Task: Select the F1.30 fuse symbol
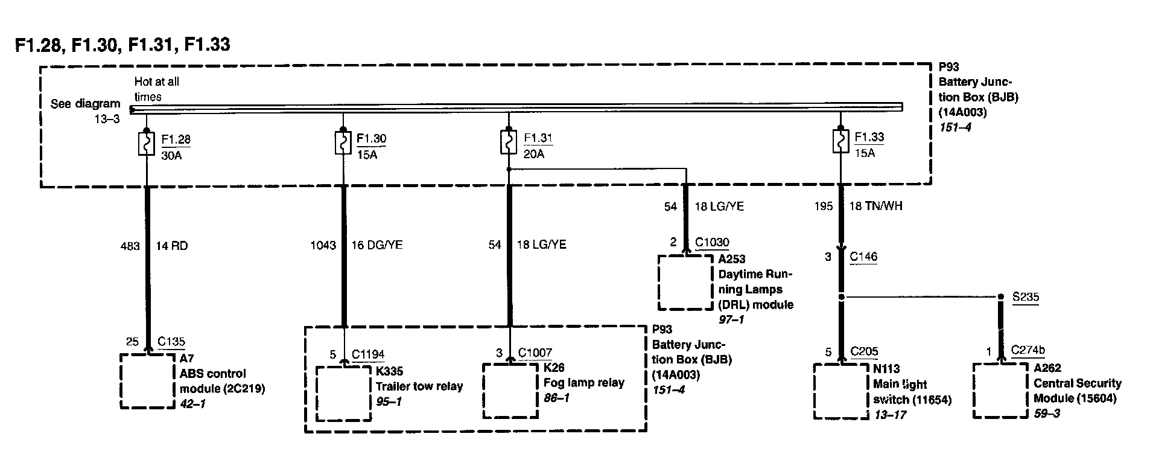click(x=343, y=143)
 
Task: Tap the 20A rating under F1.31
click(x=533, y=154)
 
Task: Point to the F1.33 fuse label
click(x=869, y=137)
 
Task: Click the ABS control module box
click(x=147, y=380)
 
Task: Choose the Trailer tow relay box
click(x=344, y=393)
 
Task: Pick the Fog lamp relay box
click(x=510, y=389)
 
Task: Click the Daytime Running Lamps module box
click(x=685, y=282)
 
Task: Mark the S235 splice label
click(x=1026, y=297)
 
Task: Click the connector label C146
click(x=863, y=257)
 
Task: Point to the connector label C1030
click(x=712, y=243)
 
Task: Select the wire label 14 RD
click(x=172, y=246)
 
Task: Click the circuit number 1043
click(x=323, y=245)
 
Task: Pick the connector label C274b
click(x=1028, y=350)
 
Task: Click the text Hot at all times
click(x=157, y=89)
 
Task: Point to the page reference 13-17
click(x=890, y=415)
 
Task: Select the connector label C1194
click(x=368, y=354)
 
